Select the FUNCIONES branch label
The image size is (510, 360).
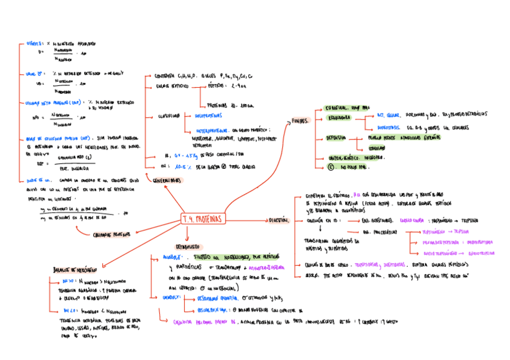tap(300, 121)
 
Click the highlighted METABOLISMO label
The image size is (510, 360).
tap(189, 246)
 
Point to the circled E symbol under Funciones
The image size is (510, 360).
tap(330, 168)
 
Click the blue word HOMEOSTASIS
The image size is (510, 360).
tap(389, 127)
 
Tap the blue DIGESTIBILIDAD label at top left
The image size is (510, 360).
tap(37, 44)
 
